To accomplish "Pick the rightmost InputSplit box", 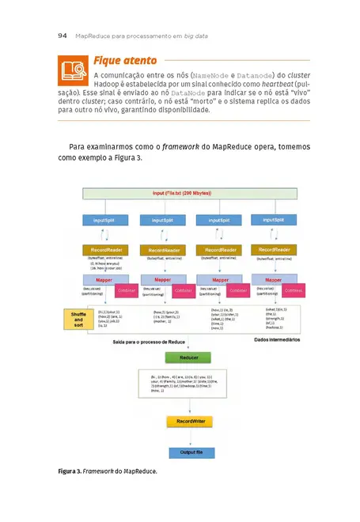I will click(274, 221).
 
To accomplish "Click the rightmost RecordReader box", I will click(274, 250).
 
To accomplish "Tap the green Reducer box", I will click(189, 357).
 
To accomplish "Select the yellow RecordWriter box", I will click(189, 422).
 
